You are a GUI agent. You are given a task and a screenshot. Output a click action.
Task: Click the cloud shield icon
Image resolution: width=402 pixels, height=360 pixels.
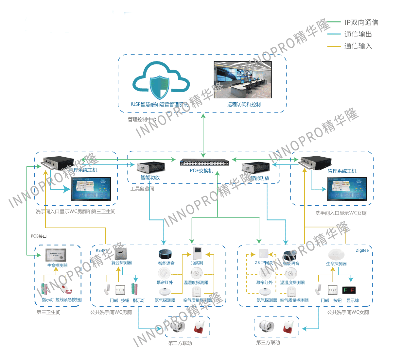point(160,82)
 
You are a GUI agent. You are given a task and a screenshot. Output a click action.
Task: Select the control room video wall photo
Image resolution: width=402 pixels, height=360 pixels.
point(243,80)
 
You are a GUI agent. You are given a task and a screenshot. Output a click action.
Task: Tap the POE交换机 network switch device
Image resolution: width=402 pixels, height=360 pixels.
point(204,162)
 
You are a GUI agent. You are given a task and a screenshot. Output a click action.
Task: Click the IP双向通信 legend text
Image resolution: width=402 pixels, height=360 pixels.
point(361,22)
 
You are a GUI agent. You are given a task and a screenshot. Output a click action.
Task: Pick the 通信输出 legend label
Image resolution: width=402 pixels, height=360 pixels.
point(358,34)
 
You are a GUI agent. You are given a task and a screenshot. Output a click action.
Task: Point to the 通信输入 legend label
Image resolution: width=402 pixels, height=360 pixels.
point(358,46)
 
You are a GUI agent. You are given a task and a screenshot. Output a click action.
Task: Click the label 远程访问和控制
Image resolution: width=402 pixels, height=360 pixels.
point(244,105)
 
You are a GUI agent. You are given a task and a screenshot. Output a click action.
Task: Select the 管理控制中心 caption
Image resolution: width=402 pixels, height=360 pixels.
point(142,119)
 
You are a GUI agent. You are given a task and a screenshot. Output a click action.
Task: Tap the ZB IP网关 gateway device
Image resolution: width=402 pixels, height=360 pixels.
point(264,254)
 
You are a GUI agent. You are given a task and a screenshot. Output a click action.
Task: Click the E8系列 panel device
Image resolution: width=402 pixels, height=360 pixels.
point(197,253)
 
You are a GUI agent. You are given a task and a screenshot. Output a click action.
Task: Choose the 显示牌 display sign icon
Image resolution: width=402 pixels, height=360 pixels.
point(349,290)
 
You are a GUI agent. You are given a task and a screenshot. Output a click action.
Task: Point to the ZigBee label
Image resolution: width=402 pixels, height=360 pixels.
point(362,250)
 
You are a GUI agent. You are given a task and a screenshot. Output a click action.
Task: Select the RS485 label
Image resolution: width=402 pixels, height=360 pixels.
point(101,250)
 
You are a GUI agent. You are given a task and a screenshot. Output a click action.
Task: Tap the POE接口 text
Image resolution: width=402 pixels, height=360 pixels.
point(39,236)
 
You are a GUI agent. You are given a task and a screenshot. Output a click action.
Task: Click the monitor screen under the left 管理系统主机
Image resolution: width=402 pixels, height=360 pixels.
point(91,189)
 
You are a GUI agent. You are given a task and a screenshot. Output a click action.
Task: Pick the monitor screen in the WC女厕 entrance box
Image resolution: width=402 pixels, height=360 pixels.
point(347,189)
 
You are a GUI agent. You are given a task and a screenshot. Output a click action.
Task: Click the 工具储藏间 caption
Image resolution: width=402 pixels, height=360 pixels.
point(142,189)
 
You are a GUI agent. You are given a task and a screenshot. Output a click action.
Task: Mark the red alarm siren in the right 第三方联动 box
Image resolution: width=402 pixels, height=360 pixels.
point(288,327)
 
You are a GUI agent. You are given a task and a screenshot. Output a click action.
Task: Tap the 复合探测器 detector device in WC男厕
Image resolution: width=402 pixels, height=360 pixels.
point(120,253)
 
